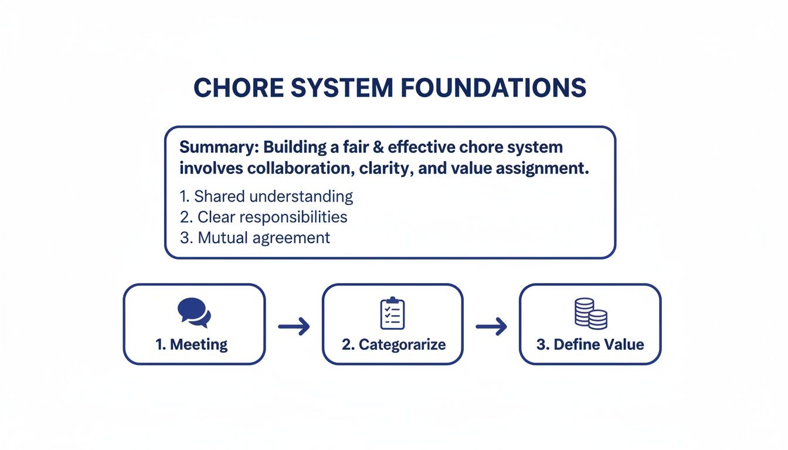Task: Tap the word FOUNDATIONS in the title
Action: (494, 88)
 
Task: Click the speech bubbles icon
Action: (193, 312)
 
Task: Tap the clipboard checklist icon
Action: (392, 313)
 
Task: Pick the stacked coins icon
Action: (590, 313)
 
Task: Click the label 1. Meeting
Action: (192, 344)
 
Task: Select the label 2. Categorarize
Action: (393, 344)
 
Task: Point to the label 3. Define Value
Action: (590, 344)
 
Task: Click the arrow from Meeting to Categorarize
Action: (294, 326)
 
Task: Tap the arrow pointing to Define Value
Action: (491, 326)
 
